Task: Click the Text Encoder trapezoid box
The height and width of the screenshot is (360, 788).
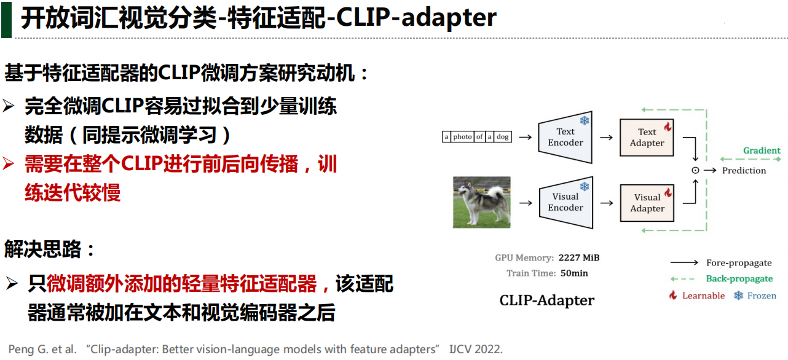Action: click(x=565, y=138)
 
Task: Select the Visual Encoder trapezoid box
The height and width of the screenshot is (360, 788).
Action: click(x=565, y=202)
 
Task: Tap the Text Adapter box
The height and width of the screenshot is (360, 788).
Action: click(x=647, y=138)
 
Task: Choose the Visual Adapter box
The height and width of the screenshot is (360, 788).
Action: click(x=647, y=203)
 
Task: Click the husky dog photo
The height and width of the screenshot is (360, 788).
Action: click(x=481, y=202)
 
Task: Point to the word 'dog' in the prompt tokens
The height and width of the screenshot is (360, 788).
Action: click(x=503, y=137)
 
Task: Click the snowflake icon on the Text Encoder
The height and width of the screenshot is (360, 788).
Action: click(x=584, y=120)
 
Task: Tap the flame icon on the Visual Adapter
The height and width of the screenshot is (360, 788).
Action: click(x=668, y=192)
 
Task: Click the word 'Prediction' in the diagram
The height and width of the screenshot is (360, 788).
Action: click(x=744, y=171)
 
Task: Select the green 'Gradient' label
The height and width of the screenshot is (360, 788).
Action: click(x=762, y=151)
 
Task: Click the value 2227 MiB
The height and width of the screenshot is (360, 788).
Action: click(x=578, y=258)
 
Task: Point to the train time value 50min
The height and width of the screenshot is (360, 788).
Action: click(x=574, y=273)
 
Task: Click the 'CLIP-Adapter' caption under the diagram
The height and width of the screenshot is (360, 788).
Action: click(x=546, y=300)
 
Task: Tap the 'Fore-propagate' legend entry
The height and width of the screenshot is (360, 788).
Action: click(x=739, y=263)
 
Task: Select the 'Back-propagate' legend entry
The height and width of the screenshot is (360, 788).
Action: click(x=739, y=279)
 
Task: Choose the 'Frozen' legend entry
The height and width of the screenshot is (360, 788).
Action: click(x=761, y=295)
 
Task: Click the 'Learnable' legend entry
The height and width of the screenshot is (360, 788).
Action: click(x=703, y=295)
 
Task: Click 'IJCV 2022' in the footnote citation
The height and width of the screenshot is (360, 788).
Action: click(x=475, y=349)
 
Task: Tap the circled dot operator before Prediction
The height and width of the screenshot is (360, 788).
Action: click(x=695, y=171)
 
